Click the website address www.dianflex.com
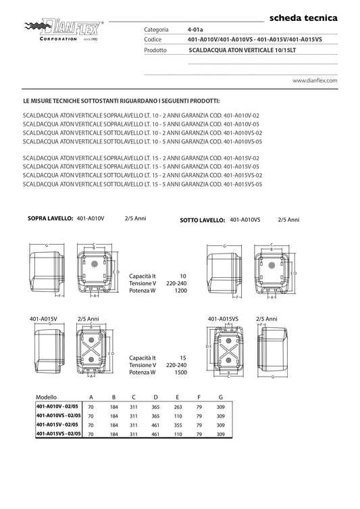coord(315,80)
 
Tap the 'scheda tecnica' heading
coord(303,18)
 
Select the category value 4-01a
coord(195,30)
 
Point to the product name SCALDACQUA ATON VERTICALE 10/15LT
coord(242,50)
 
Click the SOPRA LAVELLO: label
coord(50,218)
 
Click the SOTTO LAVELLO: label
coord(203,220)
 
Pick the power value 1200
coord(180,291)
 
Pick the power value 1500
coord(180,372)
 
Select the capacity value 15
coord(183,358)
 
